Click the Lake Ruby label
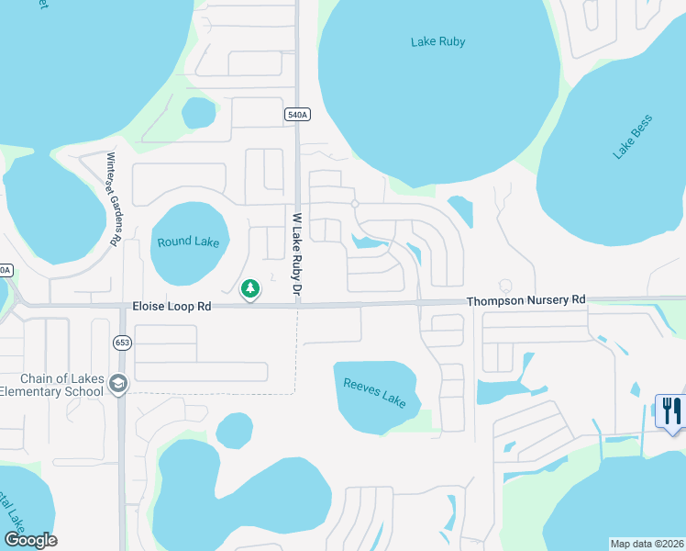(437, 41)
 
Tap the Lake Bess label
(633, 137)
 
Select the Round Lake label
(188, 242)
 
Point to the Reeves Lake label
(374, 391)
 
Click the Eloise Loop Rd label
(172, 307)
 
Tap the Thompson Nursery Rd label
(525, 300)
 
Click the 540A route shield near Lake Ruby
(297, 114)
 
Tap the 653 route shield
(122, 343)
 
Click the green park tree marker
(249, 289)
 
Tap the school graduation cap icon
(116, 384)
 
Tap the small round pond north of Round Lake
(198, 113)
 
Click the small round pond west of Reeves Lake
(235, 430)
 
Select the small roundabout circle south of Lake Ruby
(354, 204)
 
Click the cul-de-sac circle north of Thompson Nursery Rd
(503, 285)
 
